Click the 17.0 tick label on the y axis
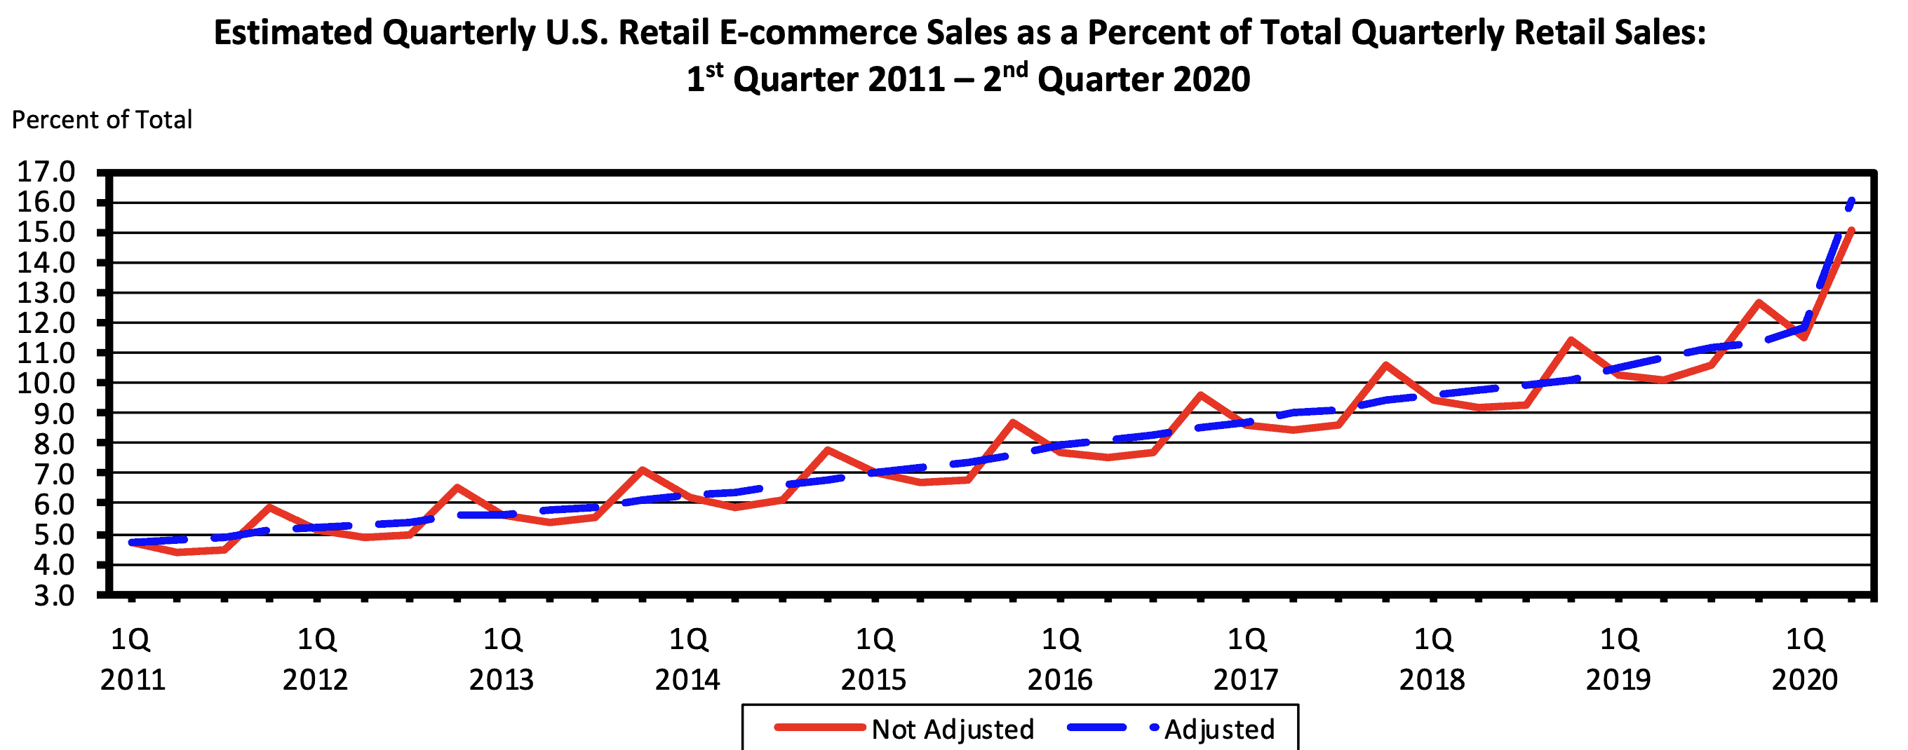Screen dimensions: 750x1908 coord(45,172)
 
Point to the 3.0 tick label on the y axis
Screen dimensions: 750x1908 coord(54,596)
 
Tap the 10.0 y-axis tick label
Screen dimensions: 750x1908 coord(45,383)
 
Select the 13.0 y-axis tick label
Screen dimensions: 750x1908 coord(45,293)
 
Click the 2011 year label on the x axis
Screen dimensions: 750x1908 coord(133,680)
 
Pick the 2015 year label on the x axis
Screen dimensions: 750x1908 coord(873,680)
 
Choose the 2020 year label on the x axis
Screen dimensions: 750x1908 coord(1804,680)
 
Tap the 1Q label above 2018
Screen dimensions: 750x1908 coord(1433,640)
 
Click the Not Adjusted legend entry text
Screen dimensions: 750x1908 coord(953,729)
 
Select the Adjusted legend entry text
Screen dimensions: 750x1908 coord(1219,729)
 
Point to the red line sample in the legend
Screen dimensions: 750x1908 coord(819,728)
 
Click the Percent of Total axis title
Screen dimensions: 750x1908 coord(102,120)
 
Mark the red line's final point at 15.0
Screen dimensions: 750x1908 coord(1851,231)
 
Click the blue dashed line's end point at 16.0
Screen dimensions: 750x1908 coord(1852,200)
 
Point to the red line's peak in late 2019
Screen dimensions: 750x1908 coord(1758,302)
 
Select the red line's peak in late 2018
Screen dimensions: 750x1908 coord(1571,340)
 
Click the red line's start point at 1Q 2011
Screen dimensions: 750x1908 coord(132,543)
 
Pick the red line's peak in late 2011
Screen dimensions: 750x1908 coord(270,507)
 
